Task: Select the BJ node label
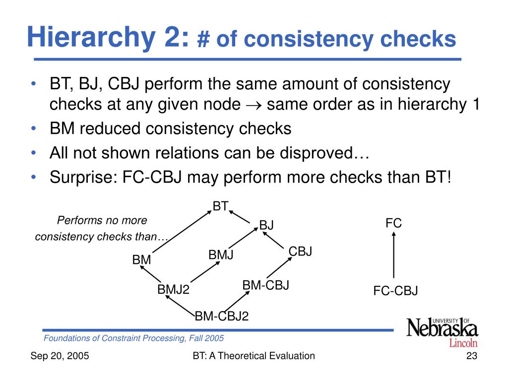click(x=266, y=225)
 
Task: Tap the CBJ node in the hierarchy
click(x=300, y=252)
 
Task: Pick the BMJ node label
click(x=221, y=255)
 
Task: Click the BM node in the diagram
click(x=141, y=259)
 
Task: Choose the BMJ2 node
click(x=174, y=289)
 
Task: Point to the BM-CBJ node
click(x=265, y=285)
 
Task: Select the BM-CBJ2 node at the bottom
click(x=221, y=316)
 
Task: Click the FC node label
click(x=393, y=224)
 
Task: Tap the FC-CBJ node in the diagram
click(x=395, y=291)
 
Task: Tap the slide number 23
click(x=471, y=356)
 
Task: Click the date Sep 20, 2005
click(x=60, y=356)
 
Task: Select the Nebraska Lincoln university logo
click(x=442, y=331)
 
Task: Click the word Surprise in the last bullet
click(x=80, y=177)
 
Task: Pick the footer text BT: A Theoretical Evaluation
click(x=254, y=356)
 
